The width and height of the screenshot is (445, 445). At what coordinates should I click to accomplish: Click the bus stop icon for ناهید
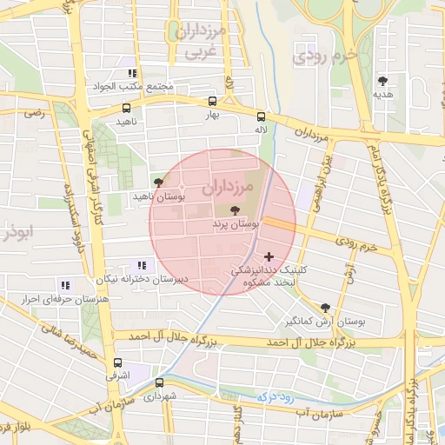[127, 109]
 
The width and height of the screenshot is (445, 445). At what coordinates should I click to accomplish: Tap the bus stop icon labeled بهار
[212, 101]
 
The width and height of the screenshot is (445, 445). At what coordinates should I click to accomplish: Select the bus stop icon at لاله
[261, 116]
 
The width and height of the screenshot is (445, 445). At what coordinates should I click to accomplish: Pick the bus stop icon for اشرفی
[117, 363]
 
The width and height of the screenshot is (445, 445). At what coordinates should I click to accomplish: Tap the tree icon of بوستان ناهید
[157, 182]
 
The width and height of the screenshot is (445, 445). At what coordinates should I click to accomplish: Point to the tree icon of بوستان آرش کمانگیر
[325, 307]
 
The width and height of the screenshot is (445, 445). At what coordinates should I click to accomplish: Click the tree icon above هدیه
[382, 80]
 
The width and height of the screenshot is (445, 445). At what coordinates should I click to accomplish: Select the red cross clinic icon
[269, 256]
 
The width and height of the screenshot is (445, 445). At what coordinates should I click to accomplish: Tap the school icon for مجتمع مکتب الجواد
[132, 74]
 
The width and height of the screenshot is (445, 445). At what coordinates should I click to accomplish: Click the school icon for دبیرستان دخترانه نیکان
[141, 265]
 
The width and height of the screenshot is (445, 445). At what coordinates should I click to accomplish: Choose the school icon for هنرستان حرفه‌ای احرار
[65, 284]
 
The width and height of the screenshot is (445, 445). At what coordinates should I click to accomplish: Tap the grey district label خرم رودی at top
[326, 56]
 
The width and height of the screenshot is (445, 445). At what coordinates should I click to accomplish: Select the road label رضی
[34, 113]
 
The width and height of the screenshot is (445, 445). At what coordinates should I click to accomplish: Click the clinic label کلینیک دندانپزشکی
[261, 271]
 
